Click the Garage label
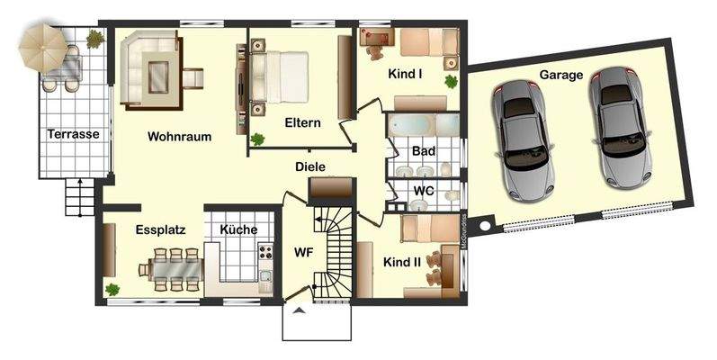coord(561,75)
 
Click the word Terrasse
coord(73,134)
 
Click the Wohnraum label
coord(180,137)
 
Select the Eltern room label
coord(302,123)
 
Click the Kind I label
coord(405,74)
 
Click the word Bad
coord(423,151)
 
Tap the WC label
coord(424,191)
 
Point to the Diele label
coord(309,166)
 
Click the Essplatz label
coord(160,229)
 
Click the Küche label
coord(238,229)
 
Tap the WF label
coord(303,252)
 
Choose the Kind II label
coord(401,263)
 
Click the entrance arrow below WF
coord(297,311)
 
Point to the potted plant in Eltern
coord(258,139)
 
